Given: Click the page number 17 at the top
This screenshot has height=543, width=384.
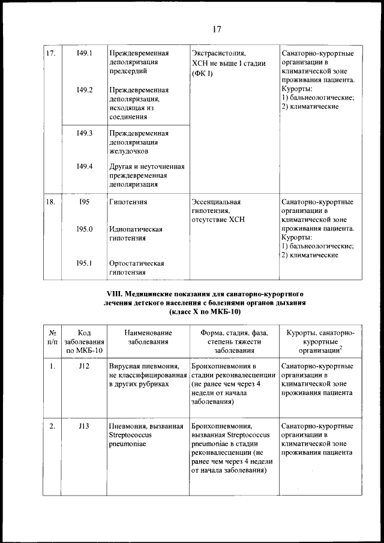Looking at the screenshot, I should point(217,27).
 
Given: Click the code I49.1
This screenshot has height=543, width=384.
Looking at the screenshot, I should point(85,53).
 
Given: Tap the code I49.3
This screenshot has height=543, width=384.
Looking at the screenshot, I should point(85,133).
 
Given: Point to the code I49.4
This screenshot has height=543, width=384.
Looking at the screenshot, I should point(85,166).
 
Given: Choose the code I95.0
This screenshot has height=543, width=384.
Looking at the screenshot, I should point(85,229).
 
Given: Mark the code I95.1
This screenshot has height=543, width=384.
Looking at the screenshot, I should point(85,263).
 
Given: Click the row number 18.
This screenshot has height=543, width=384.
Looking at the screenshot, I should point(51,203).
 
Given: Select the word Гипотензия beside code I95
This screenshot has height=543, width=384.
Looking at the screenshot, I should point(129,203).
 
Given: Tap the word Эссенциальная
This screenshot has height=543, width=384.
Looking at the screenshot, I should point(215,203).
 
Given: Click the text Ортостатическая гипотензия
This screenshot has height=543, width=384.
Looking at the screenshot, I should point(137,268).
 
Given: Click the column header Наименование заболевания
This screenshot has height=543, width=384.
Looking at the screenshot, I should point(145,337).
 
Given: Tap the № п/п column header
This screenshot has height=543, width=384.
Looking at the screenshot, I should point(52,337).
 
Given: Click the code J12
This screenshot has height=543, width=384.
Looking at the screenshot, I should point(84,366).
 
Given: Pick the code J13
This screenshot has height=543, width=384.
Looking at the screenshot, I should point(84,427).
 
